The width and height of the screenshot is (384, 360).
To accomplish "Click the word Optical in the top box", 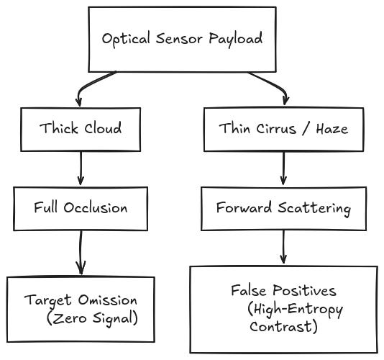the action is pos(126,39).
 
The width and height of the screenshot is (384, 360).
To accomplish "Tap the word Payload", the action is pos(236,39).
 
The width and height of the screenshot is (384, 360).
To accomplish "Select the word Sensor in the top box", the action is pos(180,39).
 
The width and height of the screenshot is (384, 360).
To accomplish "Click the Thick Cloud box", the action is pos(81,129).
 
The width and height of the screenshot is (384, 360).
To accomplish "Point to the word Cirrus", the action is pos(276,128).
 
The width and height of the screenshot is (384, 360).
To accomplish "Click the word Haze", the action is pos(332,129).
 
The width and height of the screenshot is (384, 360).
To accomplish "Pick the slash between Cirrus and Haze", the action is pos(306,129).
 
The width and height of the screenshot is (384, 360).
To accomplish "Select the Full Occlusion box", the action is pos(81,209).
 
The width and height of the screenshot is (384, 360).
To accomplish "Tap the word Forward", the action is pos(244,207).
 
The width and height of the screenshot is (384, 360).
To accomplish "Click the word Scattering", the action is pos(314,209).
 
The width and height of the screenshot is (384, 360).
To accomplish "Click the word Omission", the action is pos(108,300).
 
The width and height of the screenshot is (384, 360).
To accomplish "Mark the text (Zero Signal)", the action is pos(92,318).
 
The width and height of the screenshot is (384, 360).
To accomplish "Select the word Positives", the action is pos(304,290).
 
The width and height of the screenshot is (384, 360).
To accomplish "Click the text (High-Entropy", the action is pos(295,310).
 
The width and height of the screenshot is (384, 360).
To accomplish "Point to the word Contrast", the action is pos(283,327).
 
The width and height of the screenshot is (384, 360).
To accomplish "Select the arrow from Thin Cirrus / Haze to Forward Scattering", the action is pos(283,168).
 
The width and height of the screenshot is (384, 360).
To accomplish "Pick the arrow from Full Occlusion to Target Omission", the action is pos(81,253).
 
